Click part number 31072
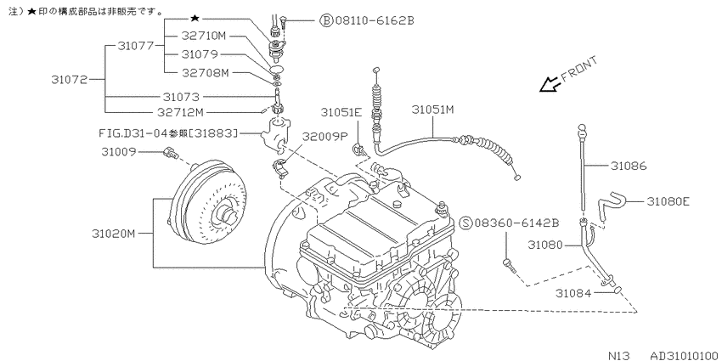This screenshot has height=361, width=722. (x=69, y=79)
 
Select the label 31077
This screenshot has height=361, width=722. (x=136, y=46)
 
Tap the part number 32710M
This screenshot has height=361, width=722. (x=203, y=36)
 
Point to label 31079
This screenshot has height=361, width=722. (x=200, y=54)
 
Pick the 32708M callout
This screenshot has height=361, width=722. (x=205, y=73)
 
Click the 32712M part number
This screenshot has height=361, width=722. (x=180, y=112)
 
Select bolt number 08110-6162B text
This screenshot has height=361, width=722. (x=375, y=20)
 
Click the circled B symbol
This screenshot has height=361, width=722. (x=326, y=20)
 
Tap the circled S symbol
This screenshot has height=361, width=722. (x=466, y=223)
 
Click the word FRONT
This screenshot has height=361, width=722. (x=578, y=69)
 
